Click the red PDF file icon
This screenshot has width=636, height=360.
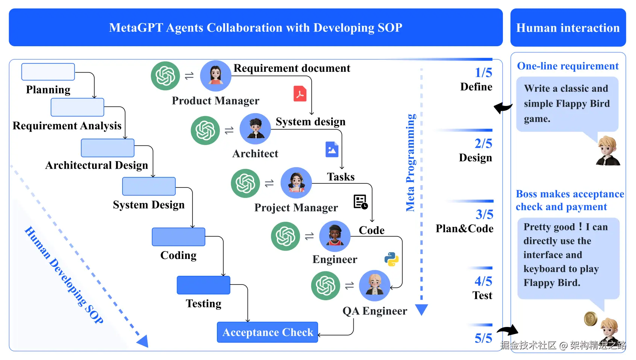[300, 94]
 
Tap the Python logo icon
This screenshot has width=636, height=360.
[392, 259]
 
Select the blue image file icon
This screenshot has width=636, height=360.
[332, 149]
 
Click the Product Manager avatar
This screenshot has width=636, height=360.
[215, 76]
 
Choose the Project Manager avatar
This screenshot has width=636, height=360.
[296, 183]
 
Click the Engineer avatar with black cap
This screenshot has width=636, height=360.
[335, 236]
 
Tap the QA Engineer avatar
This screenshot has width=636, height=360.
[374, 286]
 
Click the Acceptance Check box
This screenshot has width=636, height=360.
[268, 332]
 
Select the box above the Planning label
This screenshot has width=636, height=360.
[48, 72]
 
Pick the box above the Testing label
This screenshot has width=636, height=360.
[204, 285]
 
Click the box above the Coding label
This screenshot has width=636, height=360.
[179, 237]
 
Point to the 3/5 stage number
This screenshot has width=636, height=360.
[485, 214]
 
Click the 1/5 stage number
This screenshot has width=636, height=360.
[483, 73]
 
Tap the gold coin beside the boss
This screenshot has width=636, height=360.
[591, 319]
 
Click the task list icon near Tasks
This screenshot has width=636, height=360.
[360, 202]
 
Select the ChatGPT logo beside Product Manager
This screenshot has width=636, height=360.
[165, 76]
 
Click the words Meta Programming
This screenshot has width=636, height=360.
[410, 163]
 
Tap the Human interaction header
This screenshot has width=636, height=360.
[568, 27]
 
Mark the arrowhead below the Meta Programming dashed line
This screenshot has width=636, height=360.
[421, 310]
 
